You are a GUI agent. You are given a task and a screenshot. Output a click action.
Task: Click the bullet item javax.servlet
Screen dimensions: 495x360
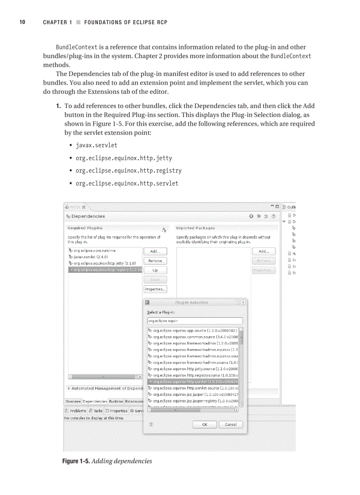pos(96,145)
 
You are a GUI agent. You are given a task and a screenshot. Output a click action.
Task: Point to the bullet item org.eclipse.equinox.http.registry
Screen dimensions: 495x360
pos(128,171)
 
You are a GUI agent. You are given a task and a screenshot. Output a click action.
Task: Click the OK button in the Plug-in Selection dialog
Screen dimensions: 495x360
pos(205,424)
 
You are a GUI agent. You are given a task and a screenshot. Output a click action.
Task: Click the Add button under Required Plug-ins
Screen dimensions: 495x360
pos(155,251)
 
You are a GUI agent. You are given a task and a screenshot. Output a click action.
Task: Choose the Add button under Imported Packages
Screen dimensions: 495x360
pos(263,251)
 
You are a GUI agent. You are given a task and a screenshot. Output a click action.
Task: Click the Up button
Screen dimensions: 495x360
pos(155,270)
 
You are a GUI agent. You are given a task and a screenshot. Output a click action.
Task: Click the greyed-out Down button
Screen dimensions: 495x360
pos(155,280)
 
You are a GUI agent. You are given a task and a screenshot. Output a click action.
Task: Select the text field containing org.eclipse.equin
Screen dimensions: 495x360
pos(195,321)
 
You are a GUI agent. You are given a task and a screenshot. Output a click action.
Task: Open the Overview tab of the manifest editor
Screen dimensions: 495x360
pos(73,402)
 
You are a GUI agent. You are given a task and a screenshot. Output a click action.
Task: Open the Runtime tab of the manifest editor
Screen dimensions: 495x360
pos(116,402)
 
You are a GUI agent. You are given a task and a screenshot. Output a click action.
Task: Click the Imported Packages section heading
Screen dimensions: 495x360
pos(195,228)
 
